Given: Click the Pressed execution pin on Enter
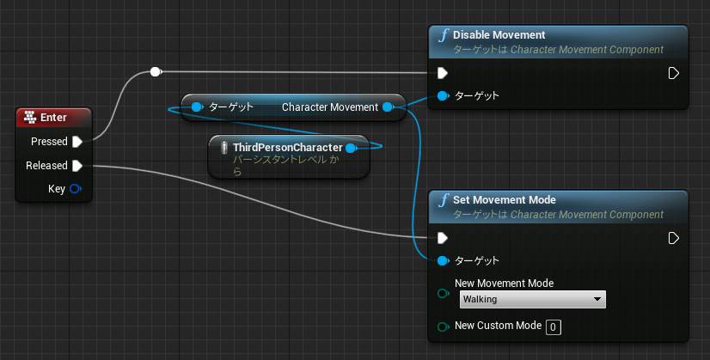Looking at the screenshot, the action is tap(77, 142).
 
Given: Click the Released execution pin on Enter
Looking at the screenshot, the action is tap(77, 166).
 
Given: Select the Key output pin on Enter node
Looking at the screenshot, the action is tap(75, 189).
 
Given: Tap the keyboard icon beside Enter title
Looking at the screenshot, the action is tap(30, 118).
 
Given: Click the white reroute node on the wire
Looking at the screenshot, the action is tap(156, 71).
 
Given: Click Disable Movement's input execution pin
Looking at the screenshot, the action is tap(443, 73).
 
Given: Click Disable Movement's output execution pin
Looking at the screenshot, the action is tap(673, 73).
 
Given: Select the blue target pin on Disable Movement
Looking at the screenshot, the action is tap(443, 95).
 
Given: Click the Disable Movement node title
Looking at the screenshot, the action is tap(499, 35).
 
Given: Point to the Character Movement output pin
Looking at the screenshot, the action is tap(388, 107).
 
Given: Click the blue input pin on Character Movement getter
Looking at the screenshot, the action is tap(197, 107).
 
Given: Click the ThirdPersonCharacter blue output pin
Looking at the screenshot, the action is tap(351, 148).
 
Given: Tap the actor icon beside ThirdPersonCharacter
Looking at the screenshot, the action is tap(223, 148).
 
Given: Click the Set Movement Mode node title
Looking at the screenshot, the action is tap(505, 199).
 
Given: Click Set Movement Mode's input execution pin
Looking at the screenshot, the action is tap(443, 238).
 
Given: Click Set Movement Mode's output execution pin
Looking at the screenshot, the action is tap(673, 238).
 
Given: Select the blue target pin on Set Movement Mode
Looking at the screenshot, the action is tap(443, 261).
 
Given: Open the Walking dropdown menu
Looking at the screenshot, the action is tap(533, 299).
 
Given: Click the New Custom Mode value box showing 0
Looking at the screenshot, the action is tap(554, 327).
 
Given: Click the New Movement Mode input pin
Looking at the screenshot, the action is tap(443, 294).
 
